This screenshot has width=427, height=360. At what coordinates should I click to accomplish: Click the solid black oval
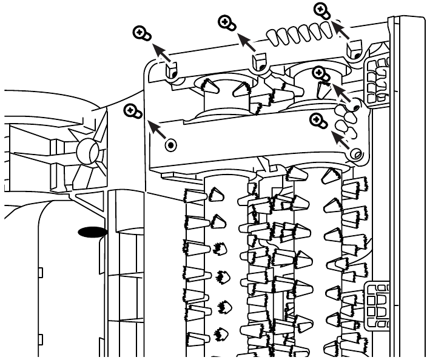click(91, 232)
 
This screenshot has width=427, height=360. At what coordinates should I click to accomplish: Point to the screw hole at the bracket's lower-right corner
click(357, 155)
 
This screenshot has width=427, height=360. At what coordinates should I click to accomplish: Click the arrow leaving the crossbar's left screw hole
click(156, 132)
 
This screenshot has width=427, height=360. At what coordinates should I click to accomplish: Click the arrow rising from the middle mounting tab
click(246, 42)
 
